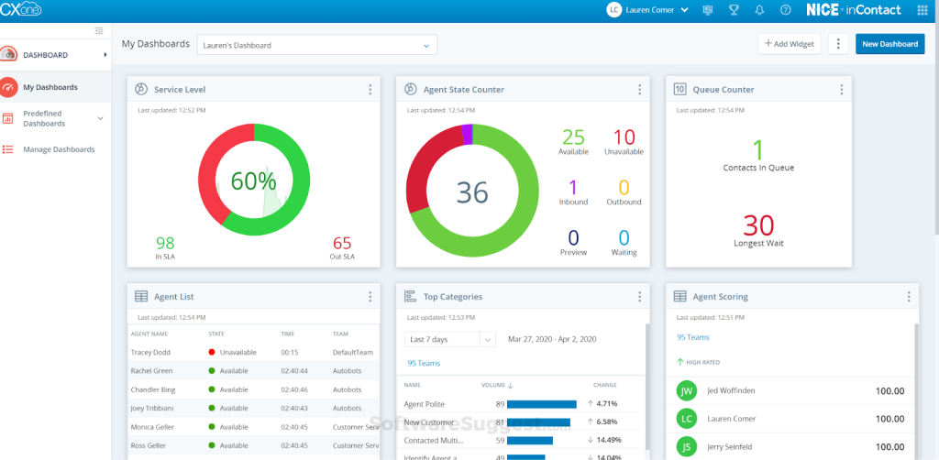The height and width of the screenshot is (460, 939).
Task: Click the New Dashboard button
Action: [x=889, y=44]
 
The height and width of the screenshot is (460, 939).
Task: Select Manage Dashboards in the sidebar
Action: [x=59, y=149]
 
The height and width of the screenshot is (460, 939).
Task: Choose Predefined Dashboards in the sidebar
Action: [x=50, y=118]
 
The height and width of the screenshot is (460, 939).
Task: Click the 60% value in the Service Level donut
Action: [x=253, y=181]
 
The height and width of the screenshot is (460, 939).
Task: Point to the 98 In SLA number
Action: [x=165, y=243]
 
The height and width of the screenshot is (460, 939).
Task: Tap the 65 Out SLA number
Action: [x=342, y=243]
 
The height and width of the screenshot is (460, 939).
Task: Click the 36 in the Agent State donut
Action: [x=472, y=192]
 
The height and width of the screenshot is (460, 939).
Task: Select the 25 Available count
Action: [x=573, y=137]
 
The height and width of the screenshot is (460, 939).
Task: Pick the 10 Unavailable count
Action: [x=624, y=137]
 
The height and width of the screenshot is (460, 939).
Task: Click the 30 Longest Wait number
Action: [x=758, y=225]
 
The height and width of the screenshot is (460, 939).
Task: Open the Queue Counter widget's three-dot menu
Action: [x=840, y=90]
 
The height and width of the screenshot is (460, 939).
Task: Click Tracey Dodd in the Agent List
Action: [x=149, y=352]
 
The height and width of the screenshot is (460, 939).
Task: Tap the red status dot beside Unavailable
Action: [x=212, y=352]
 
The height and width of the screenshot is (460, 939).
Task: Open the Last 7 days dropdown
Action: [x=449, y=339]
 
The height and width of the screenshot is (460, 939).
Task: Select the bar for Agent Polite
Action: [x=541, y=403]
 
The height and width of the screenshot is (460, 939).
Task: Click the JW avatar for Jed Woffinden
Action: [x=686, y=391]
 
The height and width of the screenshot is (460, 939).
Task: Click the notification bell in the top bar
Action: [x=759, y=10]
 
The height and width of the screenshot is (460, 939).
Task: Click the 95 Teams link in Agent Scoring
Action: [x=693, y=337]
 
